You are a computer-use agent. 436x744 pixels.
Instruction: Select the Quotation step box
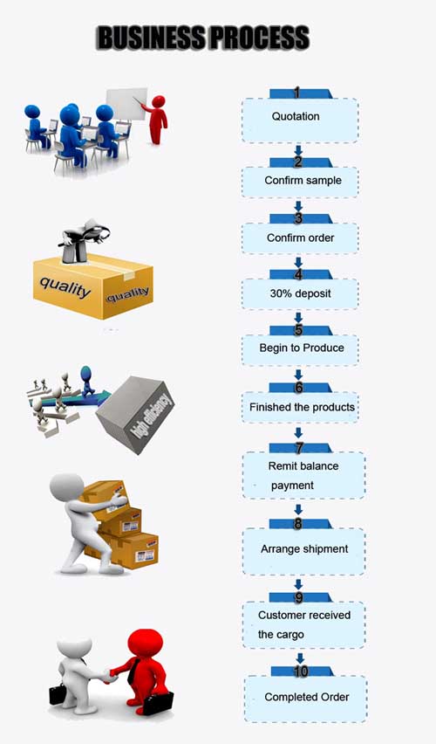300,120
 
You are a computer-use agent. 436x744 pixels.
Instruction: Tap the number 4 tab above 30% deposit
299,274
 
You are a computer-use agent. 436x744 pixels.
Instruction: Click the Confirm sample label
303,180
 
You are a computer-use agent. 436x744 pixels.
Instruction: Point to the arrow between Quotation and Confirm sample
298,151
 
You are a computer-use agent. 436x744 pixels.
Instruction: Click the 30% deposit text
301,293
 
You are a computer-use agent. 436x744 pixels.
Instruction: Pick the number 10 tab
302,671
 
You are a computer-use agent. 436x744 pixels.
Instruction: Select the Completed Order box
306,699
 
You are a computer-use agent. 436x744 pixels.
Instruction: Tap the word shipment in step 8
325,549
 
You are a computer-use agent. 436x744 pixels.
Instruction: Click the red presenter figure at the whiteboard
157,120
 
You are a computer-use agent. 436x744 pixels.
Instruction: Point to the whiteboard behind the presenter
126,103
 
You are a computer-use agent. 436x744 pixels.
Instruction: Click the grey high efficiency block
135,414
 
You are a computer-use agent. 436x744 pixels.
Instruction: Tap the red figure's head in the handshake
146,642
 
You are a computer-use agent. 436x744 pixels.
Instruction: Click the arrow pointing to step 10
300,658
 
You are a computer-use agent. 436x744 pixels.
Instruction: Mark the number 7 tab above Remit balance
299,447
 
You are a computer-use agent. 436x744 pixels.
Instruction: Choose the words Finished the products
303,407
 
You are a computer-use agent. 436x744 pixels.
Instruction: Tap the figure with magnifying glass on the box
85,240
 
